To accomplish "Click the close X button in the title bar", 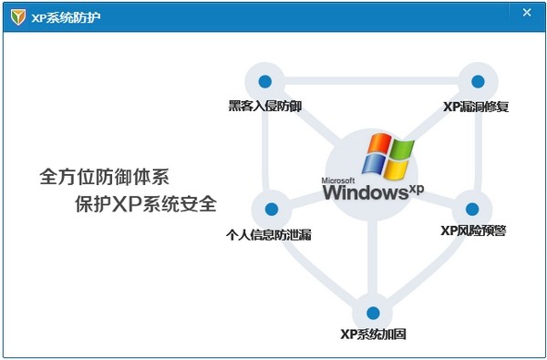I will pos(527,13).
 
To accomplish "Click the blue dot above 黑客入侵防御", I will pos(265,82).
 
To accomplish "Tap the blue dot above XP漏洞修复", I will pos(476,81).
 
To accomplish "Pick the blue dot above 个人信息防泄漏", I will pos(269,209).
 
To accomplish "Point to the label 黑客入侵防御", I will pos(265,107).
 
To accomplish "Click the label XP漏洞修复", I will pos(476,107).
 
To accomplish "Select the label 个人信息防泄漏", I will pos(269,234).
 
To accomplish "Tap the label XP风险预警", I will pos(473,231).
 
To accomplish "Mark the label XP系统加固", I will pos(373,334).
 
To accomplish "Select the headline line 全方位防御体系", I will pos(106,174).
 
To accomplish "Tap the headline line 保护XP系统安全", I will pos(146,203).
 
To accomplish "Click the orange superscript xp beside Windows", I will pos(416,189).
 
